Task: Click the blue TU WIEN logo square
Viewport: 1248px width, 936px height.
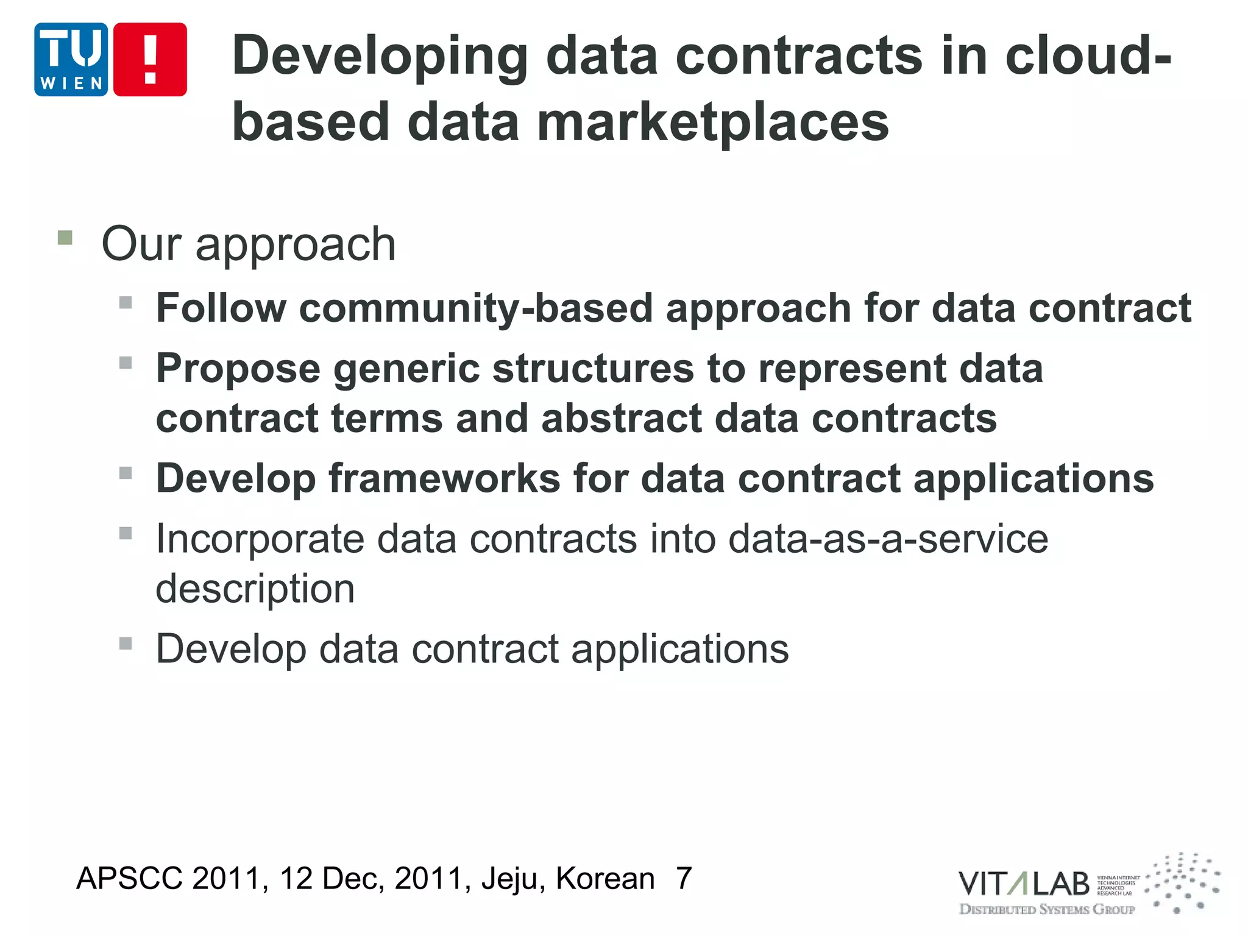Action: click(x=71, y=59)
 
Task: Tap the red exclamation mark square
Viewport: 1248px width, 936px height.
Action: click(x=150, y=59)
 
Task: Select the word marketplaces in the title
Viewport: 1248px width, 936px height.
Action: click(x=713, y=122)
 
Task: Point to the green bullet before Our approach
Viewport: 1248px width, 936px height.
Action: click(x=65, y=237)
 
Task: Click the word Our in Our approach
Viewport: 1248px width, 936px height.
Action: click(x=141, y=244)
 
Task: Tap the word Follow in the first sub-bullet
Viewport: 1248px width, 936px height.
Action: click(x=221, y=308)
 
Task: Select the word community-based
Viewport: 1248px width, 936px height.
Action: click(x=475, y=308)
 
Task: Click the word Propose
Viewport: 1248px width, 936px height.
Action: click(x=238, y=369)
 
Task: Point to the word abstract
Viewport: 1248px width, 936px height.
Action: click(x=621, y=419)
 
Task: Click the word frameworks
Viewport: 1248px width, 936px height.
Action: click(x=444, y=478)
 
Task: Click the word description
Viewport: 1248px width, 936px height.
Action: click(x=255, y=589)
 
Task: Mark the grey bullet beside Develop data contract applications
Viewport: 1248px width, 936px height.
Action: click(x=126, y=643)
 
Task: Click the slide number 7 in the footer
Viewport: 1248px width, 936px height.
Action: click(x=684, y=878)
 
